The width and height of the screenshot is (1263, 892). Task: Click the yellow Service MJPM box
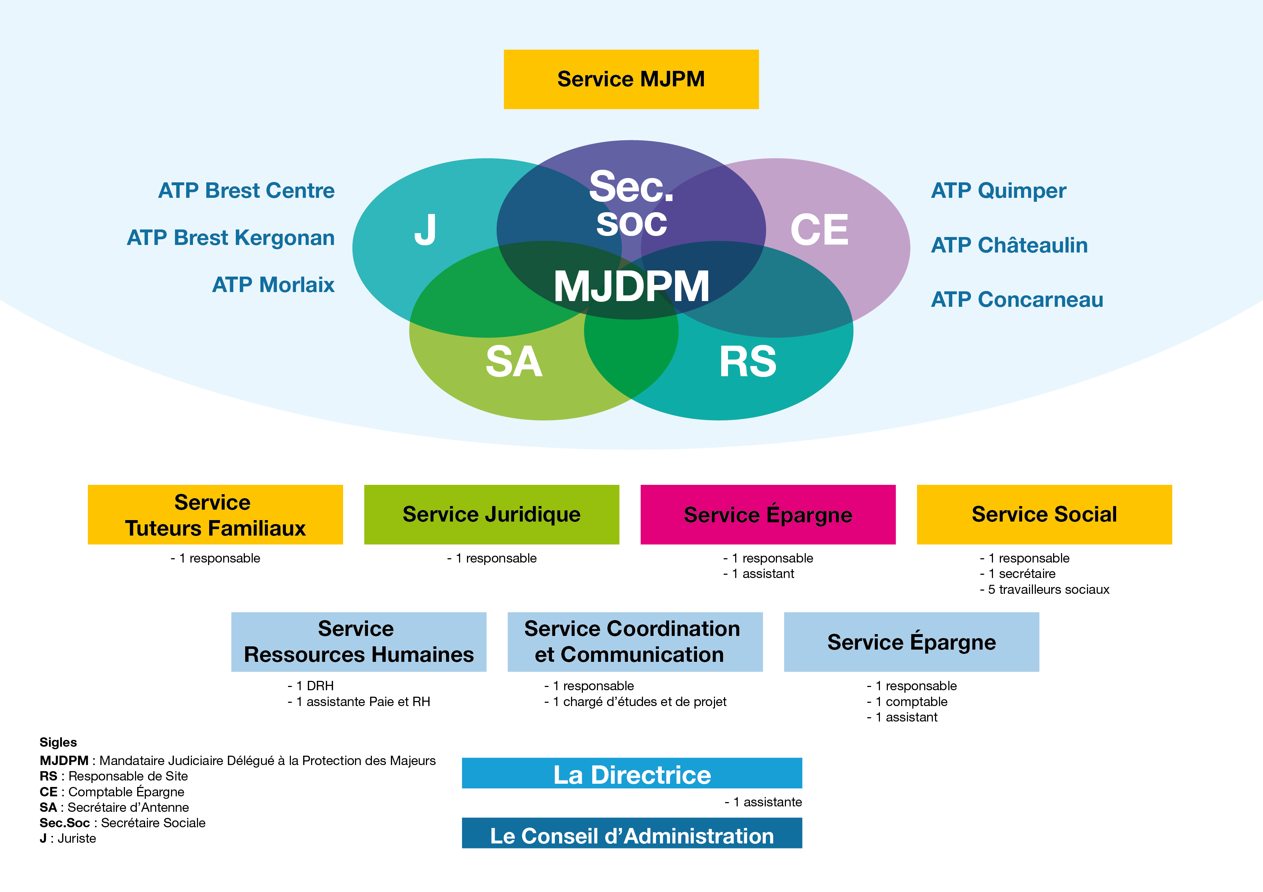coord(631,79)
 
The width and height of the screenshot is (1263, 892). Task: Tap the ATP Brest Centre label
coord(246,191)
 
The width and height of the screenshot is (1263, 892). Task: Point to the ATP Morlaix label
coord(273,285)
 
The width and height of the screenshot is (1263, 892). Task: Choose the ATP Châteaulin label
coord(1010,245)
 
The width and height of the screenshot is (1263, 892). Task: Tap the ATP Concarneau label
coord(1017,300)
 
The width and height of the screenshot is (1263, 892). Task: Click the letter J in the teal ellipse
coord(425,230)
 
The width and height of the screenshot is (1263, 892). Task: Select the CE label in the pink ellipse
coord(819,230)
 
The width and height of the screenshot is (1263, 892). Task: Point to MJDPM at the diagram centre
coord(631,286)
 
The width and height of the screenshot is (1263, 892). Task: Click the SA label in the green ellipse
coord(514,361)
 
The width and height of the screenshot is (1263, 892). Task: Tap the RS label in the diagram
coord(747,361)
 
